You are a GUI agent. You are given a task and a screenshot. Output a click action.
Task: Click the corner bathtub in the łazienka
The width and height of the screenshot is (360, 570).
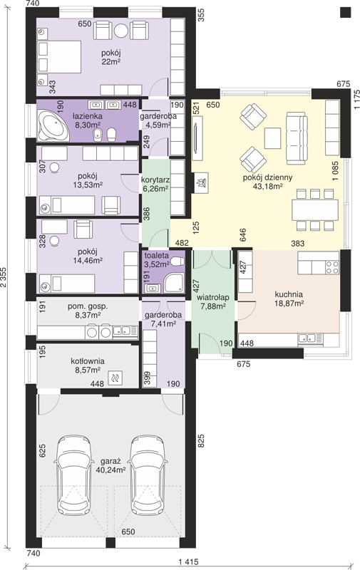point(53,126)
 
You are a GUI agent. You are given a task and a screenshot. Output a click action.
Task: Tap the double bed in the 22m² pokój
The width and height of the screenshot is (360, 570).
point(59,57)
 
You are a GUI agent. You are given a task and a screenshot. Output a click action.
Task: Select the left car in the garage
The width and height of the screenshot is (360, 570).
point(73,475)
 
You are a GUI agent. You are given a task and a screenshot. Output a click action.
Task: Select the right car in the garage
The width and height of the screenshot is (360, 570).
point(149,475)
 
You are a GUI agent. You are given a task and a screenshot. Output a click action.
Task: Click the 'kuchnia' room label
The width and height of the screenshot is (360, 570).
point(289,294)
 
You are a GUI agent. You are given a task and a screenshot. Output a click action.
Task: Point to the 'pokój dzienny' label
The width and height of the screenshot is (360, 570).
point(267,177)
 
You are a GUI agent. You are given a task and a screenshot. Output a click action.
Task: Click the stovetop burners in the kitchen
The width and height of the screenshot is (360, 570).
point(332,267)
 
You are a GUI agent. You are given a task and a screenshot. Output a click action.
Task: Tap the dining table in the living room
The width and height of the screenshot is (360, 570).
point(315,209)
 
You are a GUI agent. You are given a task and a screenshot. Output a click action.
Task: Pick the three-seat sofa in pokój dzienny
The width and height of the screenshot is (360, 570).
point(297,138)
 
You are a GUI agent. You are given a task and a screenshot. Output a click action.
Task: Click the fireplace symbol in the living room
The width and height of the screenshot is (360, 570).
point(201,182)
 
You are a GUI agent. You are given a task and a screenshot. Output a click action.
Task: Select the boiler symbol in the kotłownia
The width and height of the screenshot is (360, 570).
point(115,378)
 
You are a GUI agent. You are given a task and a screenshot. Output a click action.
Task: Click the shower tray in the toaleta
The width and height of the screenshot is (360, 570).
point(174,283)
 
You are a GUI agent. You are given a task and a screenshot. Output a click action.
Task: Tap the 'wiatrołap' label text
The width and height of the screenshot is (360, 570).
point(213,298)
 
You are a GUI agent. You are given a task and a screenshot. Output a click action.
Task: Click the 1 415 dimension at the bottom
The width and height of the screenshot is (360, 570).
point(189,562)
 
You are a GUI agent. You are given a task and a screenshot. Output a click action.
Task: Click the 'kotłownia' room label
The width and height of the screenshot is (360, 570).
point(88,361)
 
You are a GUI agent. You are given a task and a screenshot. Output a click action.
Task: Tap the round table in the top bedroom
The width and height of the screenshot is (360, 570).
point(121,31)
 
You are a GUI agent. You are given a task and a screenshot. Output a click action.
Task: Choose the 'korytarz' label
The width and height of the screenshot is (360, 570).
point(155,180)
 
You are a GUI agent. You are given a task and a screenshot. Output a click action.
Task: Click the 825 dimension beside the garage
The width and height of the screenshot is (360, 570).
point(201,440)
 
